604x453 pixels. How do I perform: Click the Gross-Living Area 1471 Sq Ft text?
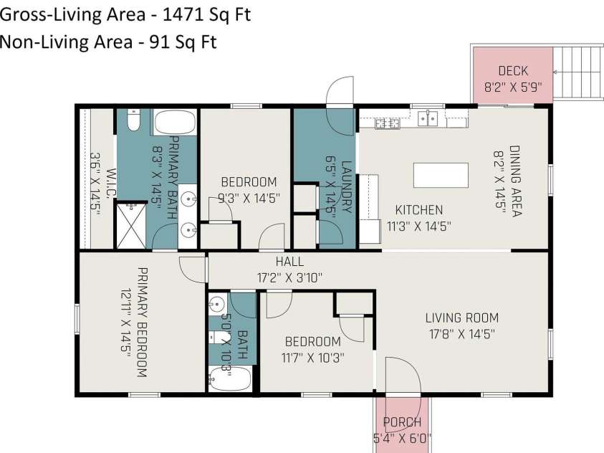tap(125, 14)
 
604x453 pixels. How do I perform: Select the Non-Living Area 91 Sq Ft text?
tap(108, 42)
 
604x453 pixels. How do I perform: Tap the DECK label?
tap(513, 70)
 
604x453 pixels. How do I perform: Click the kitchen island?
tap(441, 176)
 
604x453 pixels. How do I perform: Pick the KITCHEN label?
tap(419, 210)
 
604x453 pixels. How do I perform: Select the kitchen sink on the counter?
tap(428, 118)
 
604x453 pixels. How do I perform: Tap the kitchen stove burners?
tap(388, 124)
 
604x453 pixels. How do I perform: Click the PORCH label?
tap(402, 422)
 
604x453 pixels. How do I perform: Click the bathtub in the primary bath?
tap(175, 123)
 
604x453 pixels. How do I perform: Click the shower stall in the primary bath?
tap(131, 225)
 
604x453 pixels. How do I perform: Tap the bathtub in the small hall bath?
tap(231, 379)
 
